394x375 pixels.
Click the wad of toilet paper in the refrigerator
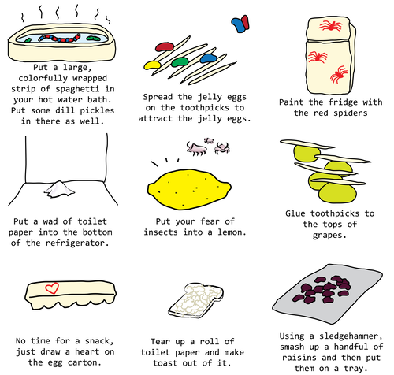click(59, 187)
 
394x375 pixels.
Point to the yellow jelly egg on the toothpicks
click(154, 66)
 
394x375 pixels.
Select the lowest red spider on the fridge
click(337, 76)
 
